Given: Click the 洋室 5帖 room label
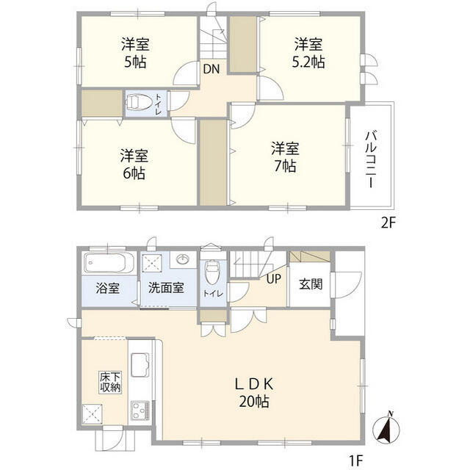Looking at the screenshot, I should click(135, 52).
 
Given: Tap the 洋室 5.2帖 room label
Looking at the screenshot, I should click(308, 52).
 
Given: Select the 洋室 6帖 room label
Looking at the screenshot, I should click(134, 164).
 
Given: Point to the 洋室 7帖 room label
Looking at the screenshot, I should click(284, 156).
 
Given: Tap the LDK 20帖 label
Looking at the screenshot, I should click(254, 391).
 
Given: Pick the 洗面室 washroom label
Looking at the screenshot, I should click(165, 289).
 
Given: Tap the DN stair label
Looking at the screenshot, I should click(211, 70).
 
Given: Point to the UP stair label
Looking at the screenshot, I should click(273, 278).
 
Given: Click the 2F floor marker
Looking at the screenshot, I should click(388, 223).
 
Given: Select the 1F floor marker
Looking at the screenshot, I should click(355, 460).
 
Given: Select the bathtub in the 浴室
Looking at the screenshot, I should click(108, 263).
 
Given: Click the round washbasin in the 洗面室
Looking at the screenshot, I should click(183, 260).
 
